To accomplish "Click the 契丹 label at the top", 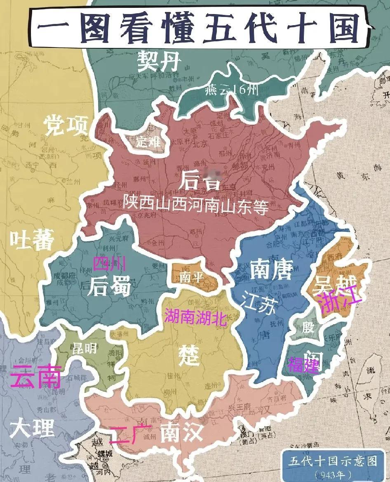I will click(159, 62).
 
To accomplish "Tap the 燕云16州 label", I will click(231, 90).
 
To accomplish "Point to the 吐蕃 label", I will click(31, 240).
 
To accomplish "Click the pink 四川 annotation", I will click(109, 263).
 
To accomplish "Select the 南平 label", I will click(192, 277).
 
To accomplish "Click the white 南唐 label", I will click(271, 271).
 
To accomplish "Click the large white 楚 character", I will click(188, 355).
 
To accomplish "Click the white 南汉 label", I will click(181, 433).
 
